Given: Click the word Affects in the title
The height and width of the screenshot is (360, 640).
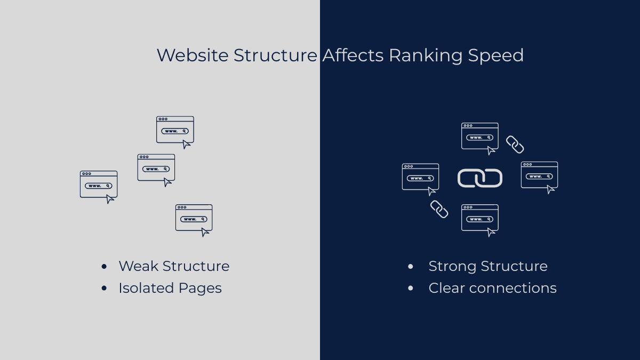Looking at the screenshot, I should (353, 55).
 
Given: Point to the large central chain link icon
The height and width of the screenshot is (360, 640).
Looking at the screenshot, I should (480, 178).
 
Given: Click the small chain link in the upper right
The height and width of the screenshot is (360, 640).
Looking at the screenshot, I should (515, 145).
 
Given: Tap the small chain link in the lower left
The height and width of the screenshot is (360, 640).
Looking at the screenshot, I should (439, 209).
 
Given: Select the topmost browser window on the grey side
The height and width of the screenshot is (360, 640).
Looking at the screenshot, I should (175, 130).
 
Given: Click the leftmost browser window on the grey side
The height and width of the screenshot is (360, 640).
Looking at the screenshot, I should (99, 185).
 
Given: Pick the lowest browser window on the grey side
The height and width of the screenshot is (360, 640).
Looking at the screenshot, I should (194, 218).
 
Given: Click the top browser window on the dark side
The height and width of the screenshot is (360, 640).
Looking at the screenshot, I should (480, 137).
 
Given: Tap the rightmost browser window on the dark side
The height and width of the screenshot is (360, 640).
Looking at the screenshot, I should (539, 175).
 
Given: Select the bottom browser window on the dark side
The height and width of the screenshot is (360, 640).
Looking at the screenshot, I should (480, 218).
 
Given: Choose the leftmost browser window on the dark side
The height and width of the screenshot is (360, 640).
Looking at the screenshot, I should (420, 177).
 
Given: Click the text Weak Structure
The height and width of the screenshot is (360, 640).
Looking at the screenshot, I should (174, 266).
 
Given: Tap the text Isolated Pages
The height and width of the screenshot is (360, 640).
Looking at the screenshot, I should (170, 288).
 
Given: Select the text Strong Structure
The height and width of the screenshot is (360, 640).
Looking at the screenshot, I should (488, 266).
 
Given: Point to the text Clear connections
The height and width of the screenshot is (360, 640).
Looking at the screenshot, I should (492, 288).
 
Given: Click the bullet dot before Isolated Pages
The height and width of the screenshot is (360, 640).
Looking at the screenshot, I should (104, 289).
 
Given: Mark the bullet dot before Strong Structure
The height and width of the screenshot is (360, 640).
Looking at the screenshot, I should (410, 267).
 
